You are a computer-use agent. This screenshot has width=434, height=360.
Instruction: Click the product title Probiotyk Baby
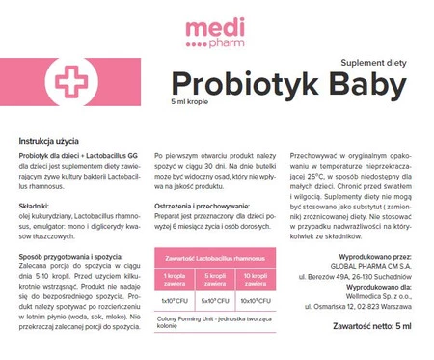287,83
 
